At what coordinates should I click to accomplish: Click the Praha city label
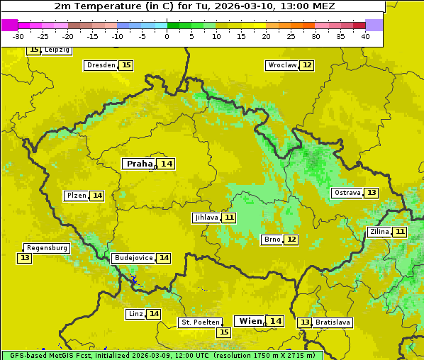(139, 164)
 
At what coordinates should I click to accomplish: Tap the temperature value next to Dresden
(126, 65)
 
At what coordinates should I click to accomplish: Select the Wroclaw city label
(281, 65)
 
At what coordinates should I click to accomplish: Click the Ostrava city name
(347, 193)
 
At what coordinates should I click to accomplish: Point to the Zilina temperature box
(401, 232)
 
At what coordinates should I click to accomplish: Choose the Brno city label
(272, 240)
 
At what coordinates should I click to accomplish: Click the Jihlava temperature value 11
(229, 218)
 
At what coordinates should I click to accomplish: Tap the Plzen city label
(77, 196)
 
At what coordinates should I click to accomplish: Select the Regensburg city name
(47, 248)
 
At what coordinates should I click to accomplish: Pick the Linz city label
(135, 314)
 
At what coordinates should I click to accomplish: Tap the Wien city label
(250, 321)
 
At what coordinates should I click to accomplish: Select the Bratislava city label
(333, 322)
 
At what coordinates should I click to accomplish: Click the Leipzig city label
(57, 50)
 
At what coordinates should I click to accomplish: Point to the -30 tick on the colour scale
(18, 36)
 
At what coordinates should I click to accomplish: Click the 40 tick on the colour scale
(365, 36)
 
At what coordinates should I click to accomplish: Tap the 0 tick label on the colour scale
(167, 36)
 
